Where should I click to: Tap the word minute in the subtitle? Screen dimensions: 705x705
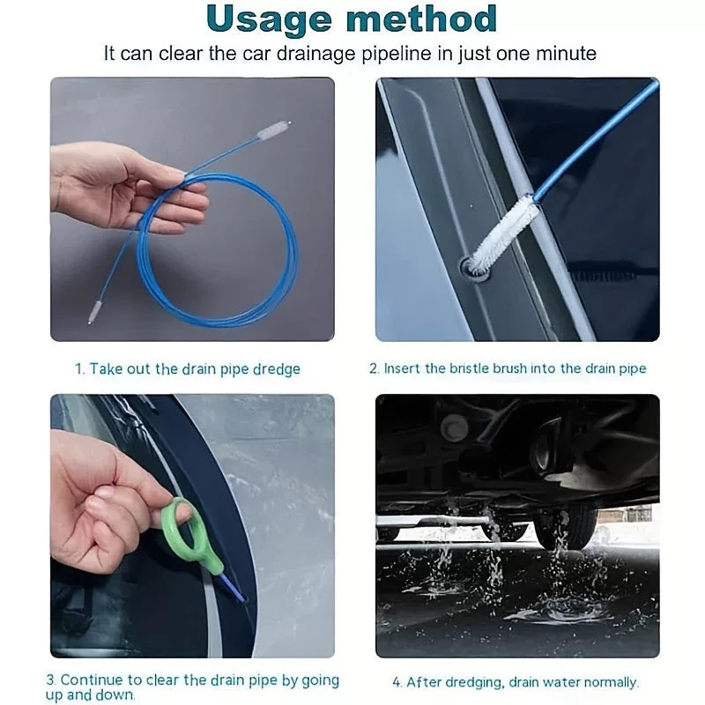566,54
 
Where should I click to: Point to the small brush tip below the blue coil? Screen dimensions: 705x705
94,312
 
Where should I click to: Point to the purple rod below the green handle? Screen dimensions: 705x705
233,588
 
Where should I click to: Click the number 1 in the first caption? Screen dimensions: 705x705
79,368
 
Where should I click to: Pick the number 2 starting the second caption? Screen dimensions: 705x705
374,368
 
